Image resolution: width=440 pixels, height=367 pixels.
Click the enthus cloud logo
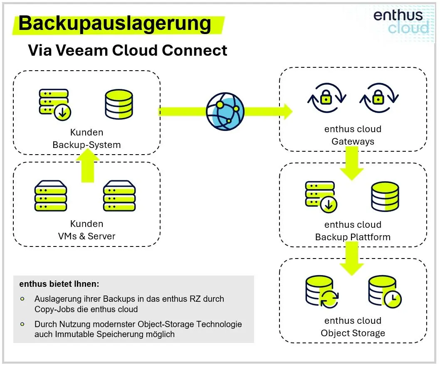pos(400,22)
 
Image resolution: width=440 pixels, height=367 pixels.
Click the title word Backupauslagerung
pos(115,24)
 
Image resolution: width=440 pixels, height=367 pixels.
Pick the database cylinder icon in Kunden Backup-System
pos(119,104)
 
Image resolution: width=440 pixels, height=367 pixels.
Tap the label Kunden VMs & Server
pos(87,230)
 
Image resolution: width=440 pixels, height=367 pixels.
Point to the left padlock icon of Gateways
pos(325,99)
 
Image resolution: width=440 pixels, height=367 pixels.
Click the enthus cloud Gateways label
pos(353,135)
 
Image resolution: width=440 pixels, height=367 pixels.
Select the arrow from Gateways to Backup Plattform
pos(352,163)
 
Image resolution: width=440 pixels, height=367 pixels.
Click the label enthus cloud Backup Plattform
pos(353,231)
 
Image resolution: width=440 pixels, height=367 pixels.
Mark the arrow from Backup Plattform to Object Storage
pos(352,258)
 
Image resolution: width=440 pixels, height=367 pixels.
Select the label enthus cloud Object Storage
pos(353,327)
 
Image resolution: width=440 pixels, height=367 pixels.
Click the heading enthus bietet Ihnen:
pos(59,284)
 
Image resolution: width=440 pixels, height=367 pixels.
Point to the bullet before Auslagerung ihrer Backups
pos(22,298)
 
